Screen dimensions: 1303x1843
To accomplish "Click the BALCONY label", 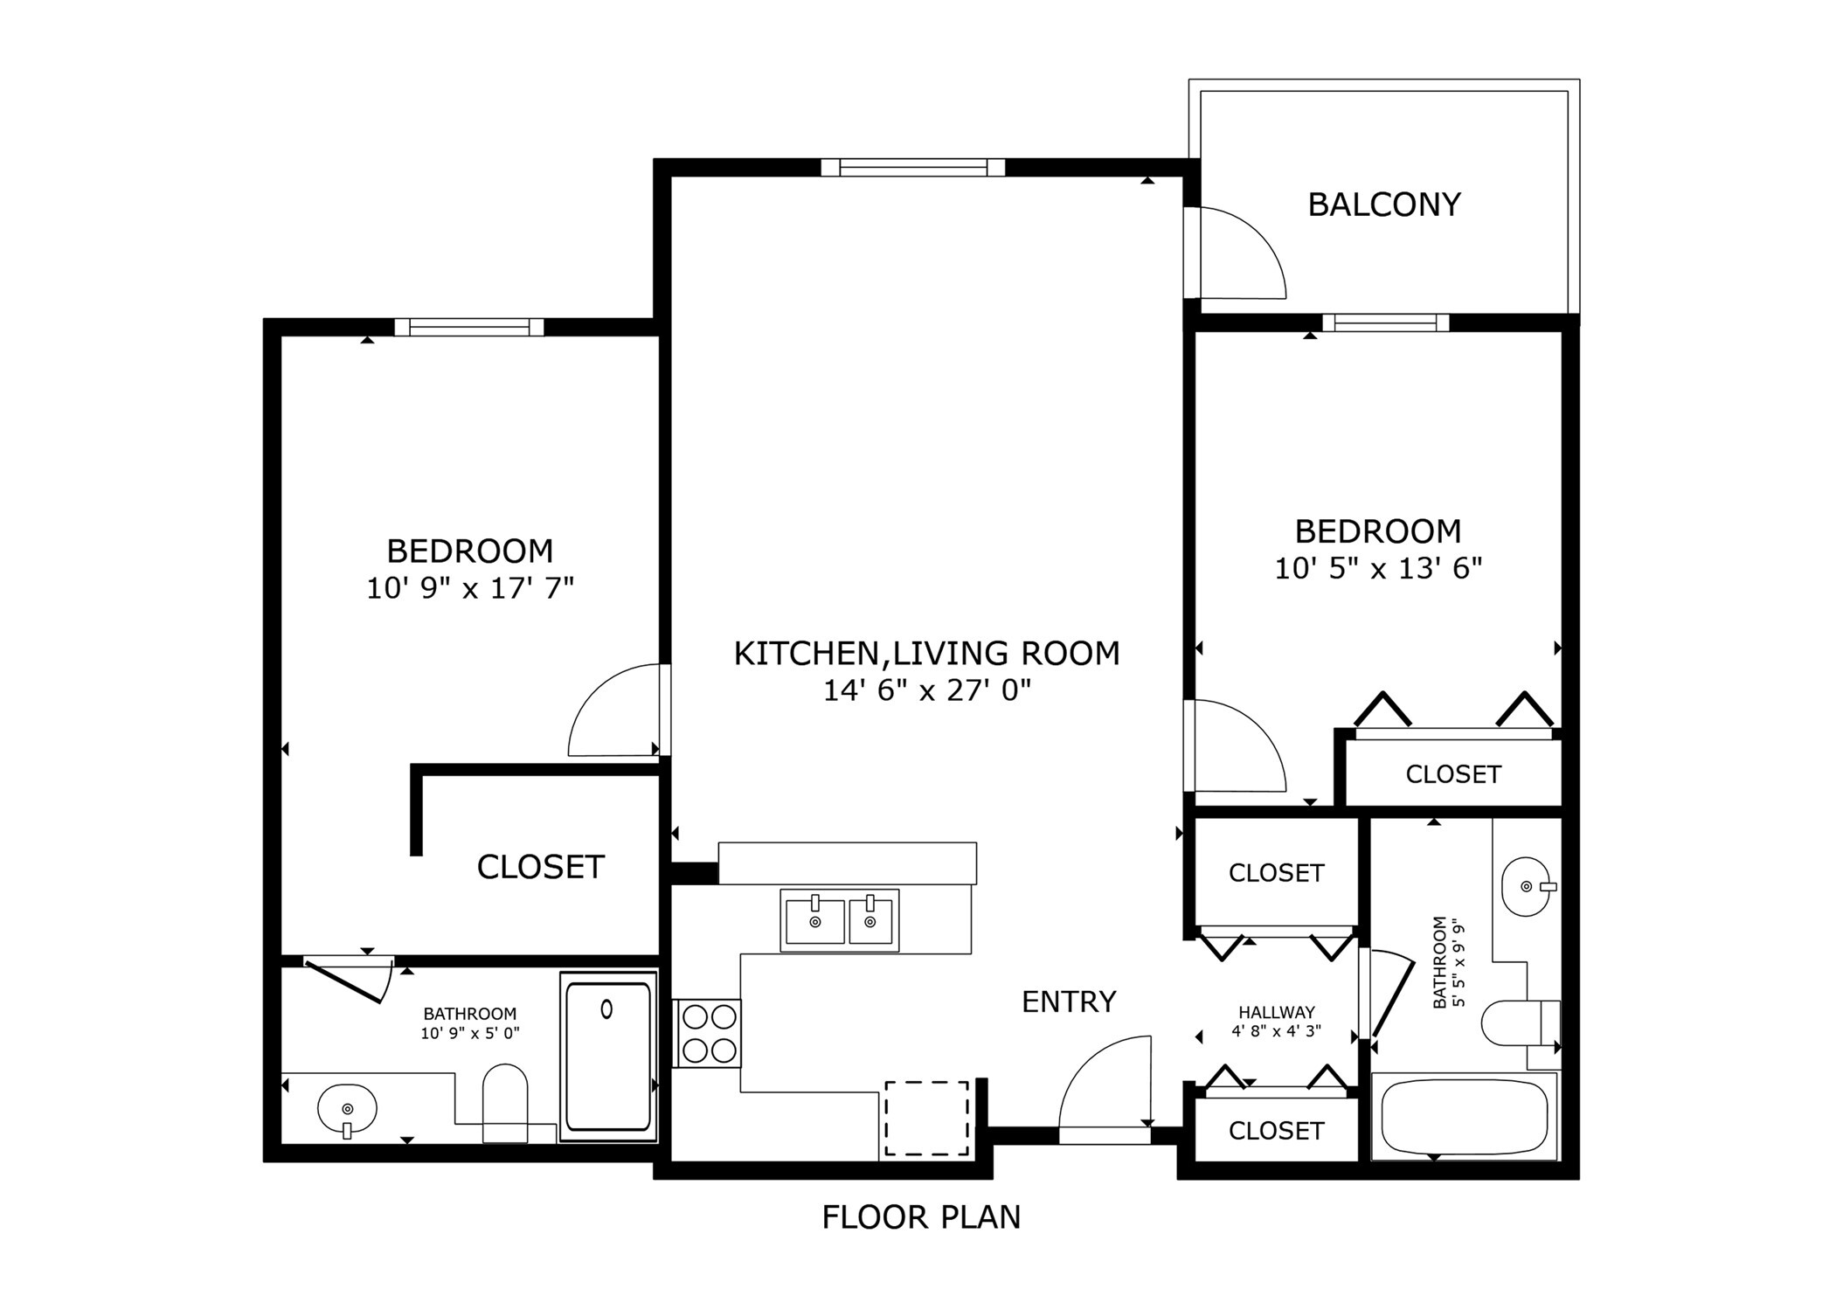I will click(1383, 204).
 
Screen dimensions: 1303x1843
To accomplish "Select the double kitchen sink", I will click(839, 919).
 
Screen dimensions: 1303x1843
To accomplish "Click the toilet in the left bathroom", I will click(505, 1102).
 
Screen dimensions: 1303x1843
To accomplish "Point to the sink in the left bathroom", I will click(347, 1109).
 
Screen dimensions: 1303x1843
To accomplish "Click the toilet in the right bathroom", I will click(1521, 1022).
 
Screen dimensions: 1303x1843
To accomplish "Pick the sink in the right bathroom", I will click(1526, 886).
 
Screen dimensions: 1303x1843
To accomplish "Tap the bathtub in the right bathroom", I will click(1464, 1116).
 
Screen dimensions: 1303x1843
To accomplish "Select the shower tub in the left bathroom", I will click(608, 1056).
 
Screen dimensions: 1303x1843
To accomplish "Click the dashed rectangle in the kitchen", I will click(926, 1118).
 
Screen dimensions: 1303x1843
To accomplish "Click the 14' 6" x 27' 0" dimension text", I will click(926, 691).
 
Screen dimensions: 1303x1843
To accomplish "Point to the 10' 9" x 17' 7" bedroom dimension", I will click(469, 588).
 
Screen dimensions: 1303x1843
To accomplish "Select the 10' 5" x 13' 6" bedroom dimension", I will click(1378, 569).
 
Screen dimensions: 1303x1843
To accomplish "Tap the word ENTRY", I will click(1069, 1002).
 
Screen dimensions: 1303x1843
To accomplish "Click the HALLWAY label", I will click(1276, 1013).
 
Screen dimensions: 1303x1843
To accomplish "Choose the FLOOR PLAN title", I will click(921, 1217).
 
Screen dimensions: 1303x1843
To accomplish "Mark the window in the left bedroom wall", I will click(469, 328).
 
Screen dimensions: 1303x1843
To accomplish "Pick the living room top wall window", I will click(912, 167).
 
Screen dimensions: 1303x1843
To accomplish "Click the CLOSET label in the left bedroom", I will click(540, 867).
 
